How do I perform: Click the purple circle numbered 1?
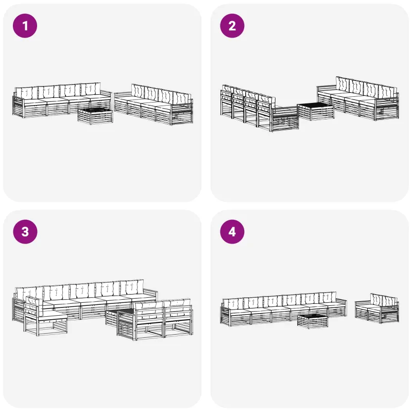coord(25,26)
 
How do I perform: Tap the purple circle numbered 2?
coord(232,26)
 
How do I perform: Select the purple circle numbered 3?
coord(25,232)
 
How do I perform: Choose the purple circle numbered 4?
coord(232,232)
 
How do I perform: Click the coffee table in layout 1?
coord(95,116)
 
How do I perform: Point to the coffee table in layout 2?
coord(316,112)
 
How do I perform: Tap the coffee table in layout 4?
coord(313,321)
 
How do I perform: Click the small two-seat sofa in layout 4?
coord(377,308)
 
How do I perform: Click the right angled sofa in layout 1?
coord(153,105)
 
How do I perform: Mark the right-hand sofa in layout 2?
coord(358,98)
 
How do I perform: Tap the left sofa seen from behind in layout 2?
coord(259,108)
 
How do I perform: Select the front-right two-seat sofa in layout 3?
coord(155,320)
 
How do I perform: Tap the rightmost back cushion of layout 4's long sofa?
coord(328,297)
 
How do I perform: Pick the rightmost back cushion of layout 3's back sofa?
coord(132,287)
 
